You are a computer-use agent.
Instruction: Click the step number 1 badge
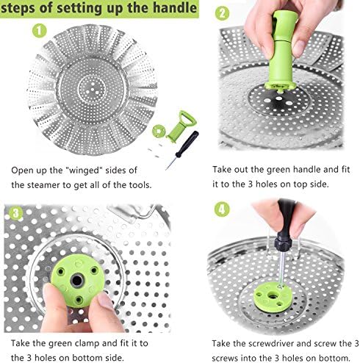(40, 31)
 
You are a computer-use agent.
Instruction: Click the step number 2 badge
(222, 13)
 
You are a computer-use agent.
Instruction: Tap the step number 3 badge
(16, 213)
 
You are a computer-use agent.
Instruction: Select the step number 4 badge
(222, 209)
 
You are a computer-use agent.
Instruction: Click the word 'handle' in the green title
(175, 8)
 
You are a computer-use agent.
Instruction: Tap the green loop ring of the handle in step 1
(187, 118)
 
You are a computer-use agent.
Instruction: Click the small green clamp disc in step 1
(159, 131)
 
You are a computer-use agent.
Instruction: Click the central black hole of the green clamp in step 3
(76, 281)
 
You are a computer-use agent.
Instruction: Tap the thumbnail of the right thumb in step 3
(106, 301)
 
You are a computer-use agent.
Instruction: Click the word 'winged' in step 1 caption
(84, 170)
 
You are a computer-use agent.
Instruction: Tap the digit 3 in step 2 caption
(250, 184)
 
